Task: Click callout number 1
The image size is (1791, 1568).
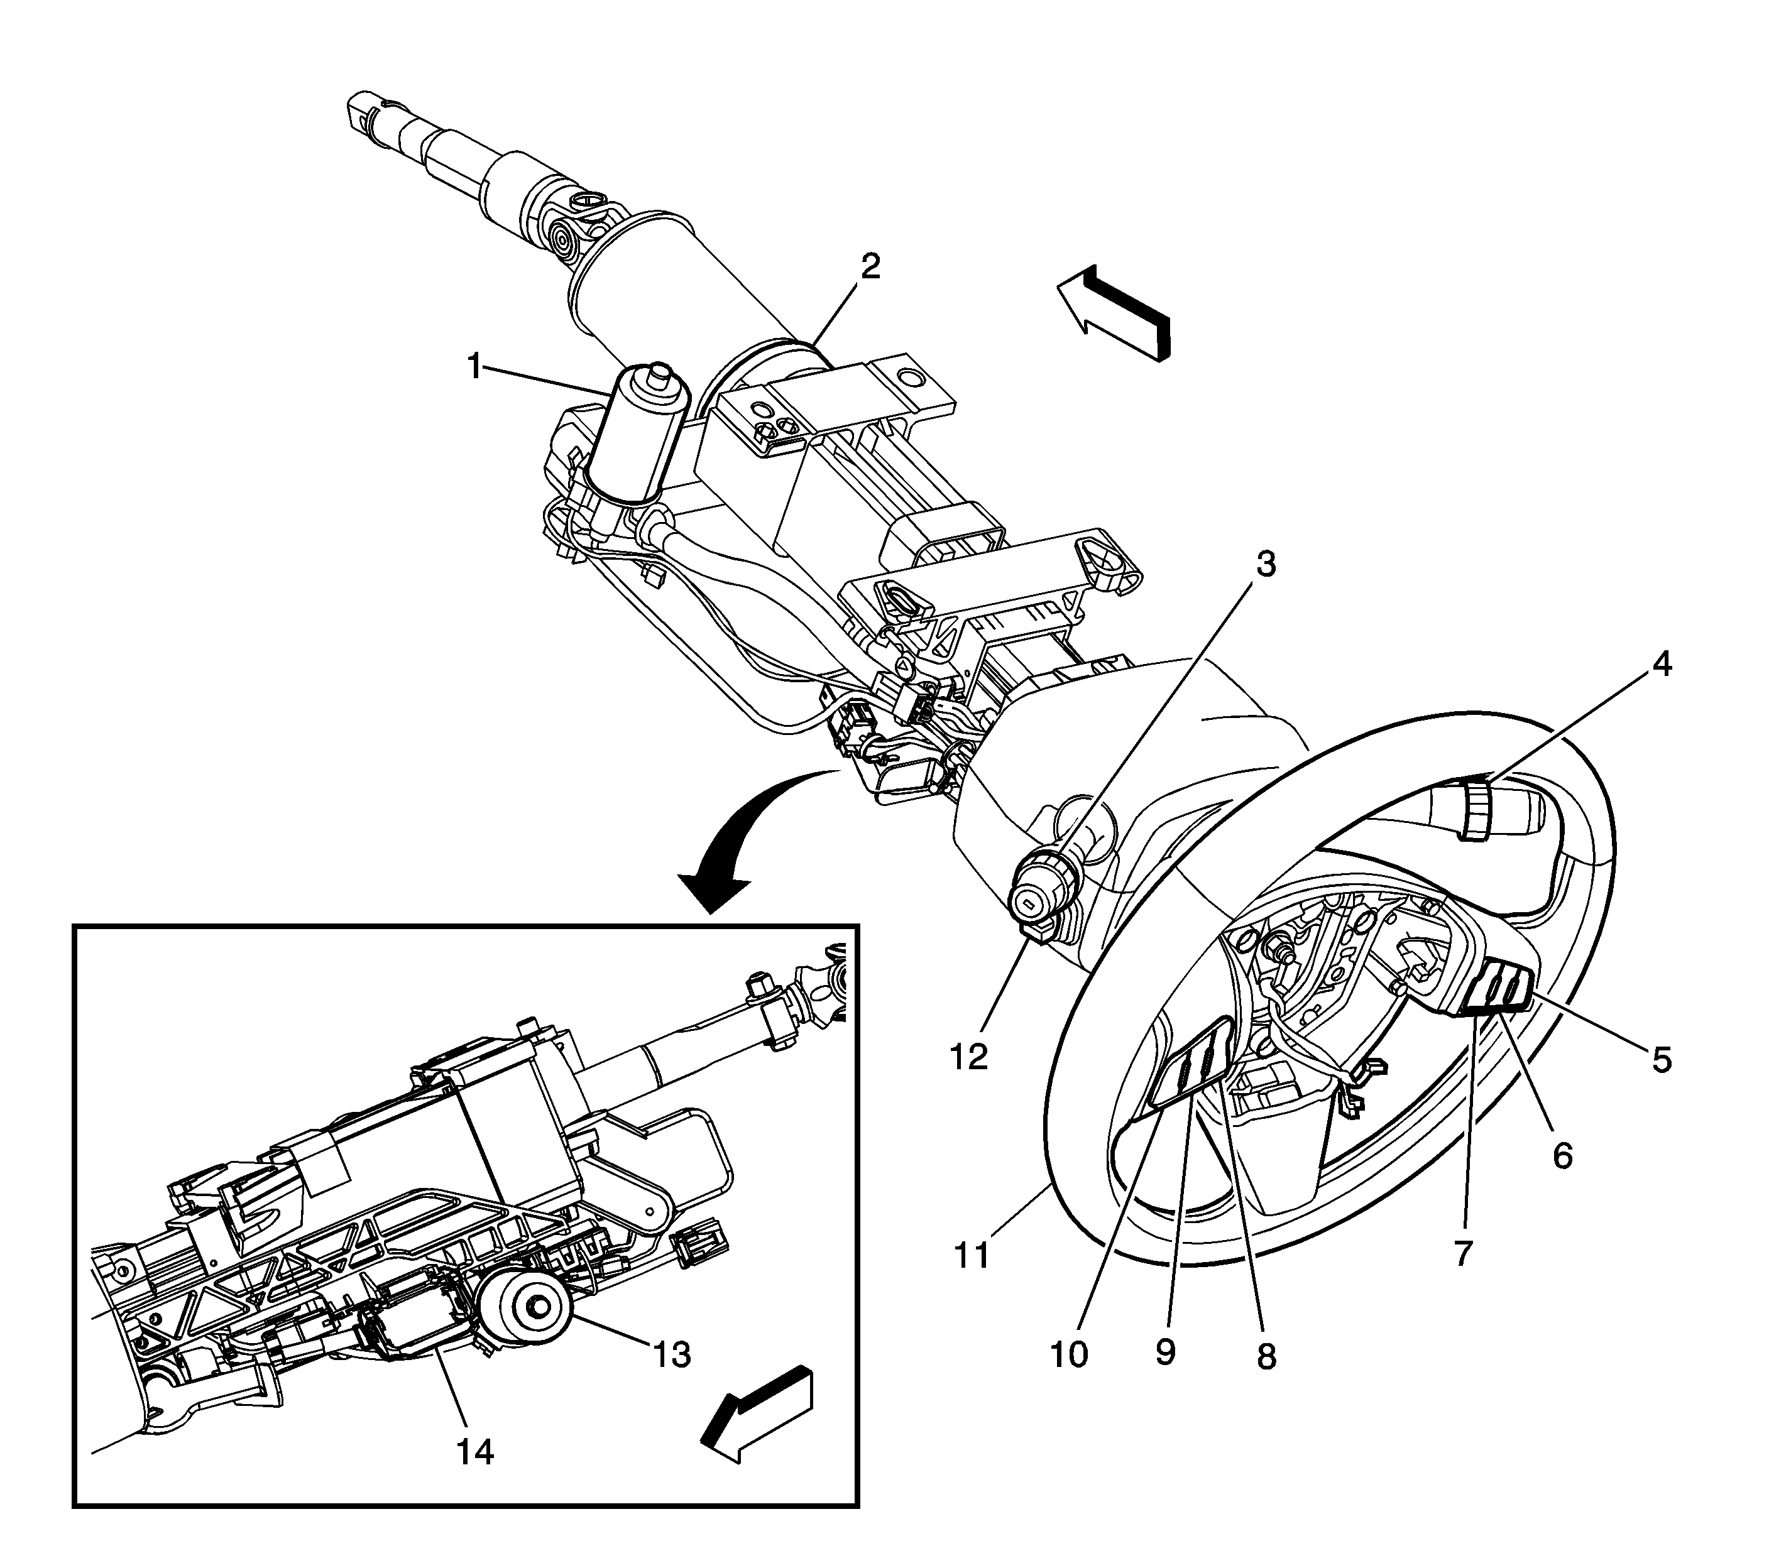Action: (x=474, y=367)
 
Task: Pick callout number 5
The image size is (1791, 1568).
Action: (x=1662, y=1060)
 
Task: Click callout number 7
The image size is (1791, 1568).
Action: (x=1462, y=1253)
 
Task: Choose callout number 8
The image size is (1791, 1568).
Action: (x=1266, y=1357)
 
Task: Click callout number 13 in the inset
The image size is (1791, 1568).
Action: (x=671, y=1354)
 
